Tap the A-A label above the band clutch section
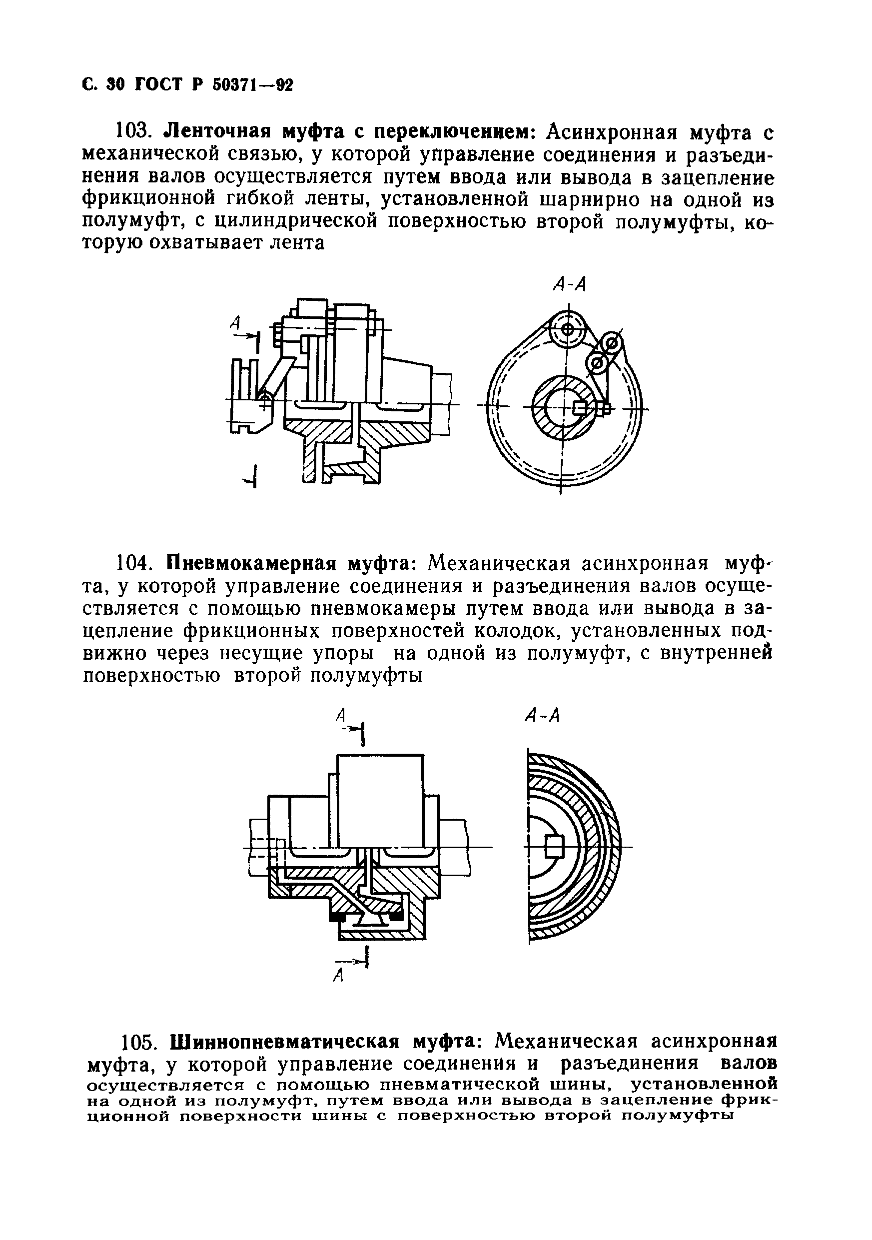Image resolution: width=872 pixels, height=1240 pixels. pos(570,284)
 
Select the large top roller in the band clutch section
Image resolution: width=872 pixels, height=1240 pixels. pos(567,329)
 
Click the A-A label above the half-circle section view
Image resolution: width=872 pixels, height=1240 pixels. pos(542,717)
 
